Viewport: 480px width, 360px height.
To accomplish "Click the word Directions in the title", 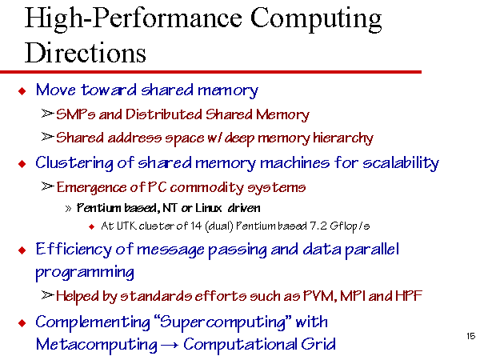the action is point(85,52).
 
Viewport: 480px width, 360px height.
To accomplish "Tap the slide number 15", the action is point(470,336).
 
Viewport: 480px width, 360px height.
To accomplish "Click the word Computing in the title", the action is point(316,19).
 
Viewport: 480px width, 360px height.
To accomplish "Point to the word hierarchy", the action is point(343,138).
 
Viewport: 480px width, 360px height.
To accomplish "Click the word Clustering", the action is point(74,163).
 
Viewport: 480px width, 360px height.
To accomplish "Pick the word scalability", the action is point(401,163).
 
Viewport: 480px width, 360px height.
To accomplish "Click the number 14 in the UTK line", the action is point(196,226).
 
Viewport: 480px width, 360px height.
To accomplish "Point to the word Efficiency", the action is point(74,250).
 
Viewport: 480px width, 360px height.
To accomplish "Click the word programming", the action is point(85,272).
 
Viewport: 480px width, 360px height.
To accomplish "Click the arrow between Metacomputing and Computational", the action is point(170,346).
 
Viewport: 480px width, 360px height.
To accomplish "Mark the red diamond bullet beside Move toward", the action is point(22,90).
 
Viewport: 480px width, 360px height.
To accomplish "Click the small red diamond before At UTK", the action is point(91,227).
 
